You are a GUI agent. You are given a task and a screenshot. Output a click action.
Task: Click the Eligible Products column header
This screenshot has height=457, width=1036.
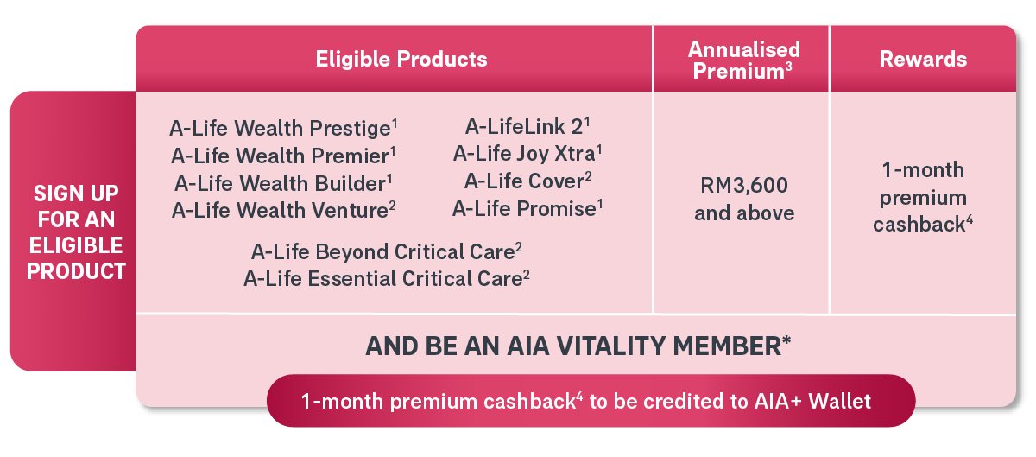(401, 60)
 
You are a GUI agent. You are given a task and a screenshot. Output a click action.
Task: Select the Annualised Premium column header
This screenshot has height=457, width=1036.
(743, 60)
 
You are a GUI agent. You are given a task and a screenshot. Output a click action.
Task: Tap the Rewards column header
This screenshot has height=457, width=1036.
(923, 60)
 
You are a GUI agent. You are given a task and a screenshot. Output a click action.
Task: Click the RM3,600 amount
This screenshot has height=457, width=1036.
(743, 185)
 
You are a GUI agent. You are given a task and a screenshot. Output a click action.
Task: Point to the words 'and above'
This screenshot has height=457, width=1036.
(744, 213)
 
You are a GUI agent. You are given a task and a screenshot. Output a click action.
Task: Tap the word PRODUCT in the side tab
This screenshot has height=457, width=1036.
(76, 271)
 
